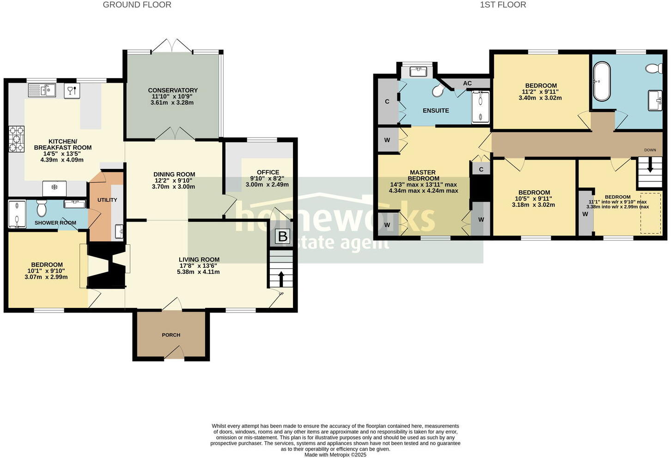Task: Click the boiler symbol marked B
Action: [282, 236]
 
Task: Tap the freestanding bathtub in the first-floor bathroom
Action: [601, 81]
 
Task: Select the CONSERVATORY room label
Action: [173, 90]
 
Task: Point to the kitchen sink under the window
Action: [42, 90]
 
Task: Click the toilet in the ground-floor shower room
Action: [42, 208]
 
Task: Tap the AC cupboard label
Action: [467, 84]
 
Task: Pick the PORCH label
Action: [171, 335]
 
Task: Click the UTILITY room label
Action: [107, 200]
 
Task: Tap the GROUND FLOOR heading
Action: [137, 5]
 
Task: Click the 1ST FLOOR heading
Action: [503, 5]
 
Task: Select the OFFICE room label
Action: [268, 172]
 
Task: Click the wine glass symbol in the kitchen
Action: [72, 90]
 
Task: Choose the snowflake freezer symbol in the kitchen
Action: [54, 187]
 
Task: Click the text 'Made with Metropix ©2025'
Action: [335, 455]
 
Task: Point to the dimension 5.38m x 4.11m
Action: [198, 272]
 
